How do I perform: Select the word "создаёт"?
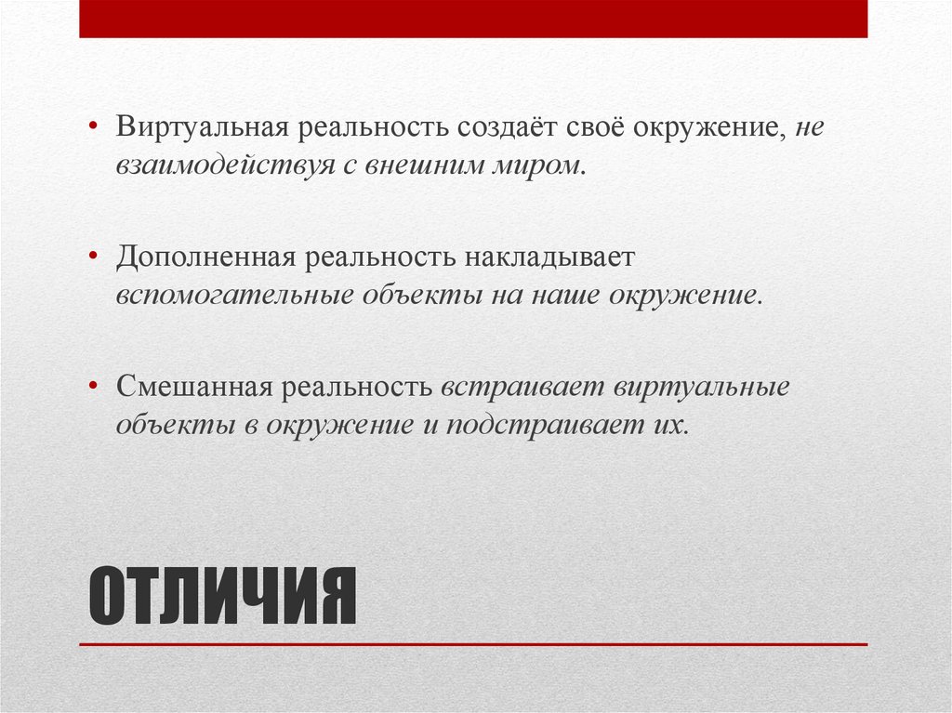(x=503, y=127)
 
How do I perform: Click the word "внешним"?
(x=404, y=167)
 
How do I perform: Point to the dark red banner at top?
(x=473, y=19)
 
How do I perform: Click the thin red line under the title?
(x=473, y=644)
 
